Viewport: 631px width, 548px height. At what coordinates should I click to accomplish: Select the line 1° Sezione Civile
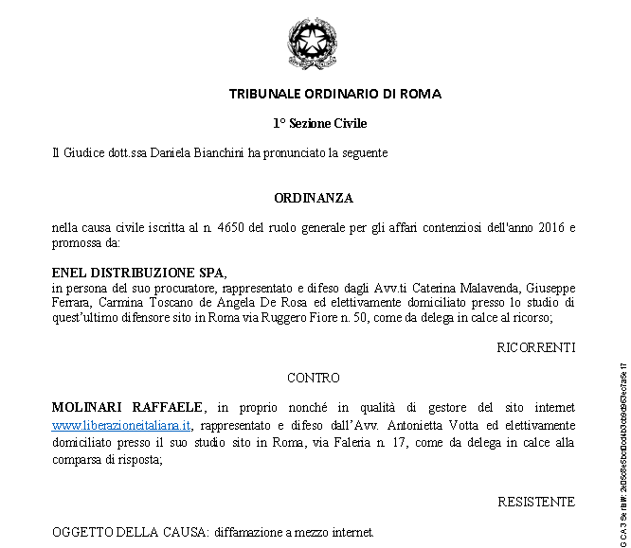point(319,123)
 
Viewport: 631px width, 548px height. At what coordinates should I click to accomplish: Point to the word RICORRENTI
point(535,348)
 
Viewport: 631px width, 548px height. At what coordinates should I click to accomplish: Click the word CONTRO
point(314,378)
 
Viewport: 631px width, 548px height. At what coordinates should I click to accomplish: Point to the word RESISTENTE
point(536,502)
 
